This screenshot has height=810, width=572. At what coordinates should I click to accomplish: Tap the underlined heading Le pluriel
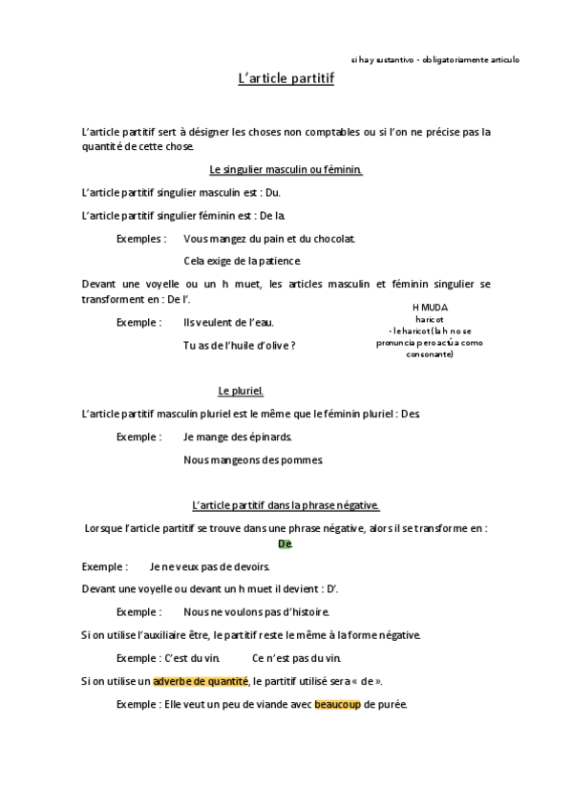pyautogui.click(x=241, y=391)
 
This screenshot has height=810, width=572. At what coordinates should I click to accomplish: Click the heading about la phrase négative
pyautogui.click(x=286, y=505)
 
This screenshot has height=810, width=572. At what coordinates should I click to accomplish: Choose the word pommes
pyautogui.click(x=303, y=459)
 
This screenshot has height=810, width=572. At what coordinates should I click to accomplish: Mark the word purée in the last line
pyautogui.click(x=392, y=704)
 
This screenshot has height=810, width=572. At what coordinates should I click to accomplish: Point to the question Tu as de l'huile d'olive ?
pyautogui.click(x=239, y=345)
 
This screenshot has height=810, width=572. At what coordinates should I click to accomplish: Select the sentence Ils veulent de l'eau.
pyautogui.click(x=228, y=322)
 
